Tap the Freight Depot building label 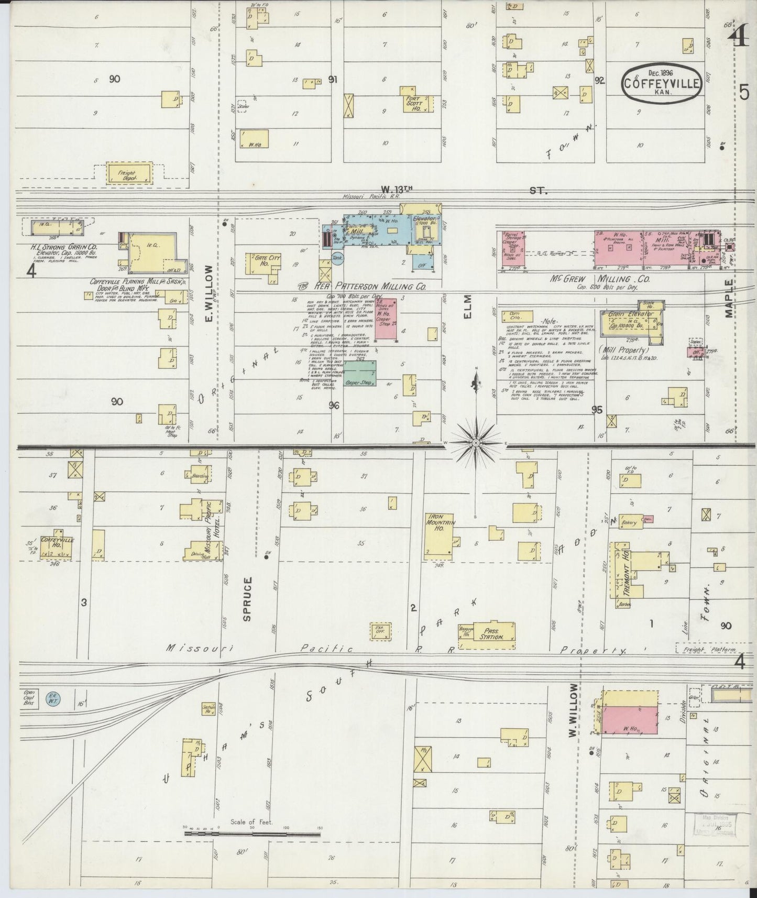tap(127, 175)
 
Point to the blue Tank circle tap(338, 258)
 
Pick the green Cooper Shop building tap(359, 374)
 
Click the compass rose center tap(476, 443)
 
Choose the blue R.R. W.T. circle tap(53, 698)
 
